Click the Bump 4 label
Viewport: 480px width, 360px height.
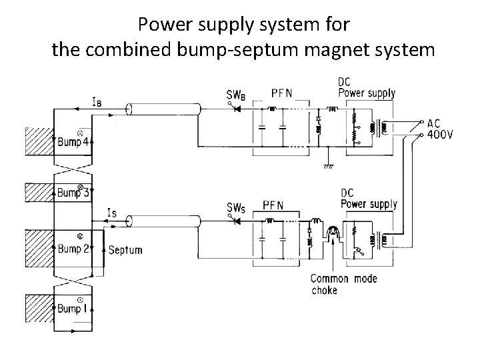click(x=72, y=141)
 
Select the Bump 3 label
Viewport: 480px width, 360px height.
click(x=72, y=193)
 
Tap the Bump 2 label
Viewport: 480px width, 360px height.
click(x=72, y=249)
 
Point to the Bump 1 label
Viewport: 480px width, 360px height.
click(x=72, y=308)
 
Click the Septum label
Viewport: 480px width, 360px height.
click(x=125, y=250)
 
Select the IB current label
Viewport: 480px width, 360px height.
click(x=97, y=102)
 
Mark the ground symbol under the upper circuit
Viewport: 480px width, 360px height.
click(x=327, y=167)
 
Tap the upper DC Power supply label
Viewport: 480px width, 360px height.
click(x=366, y=87)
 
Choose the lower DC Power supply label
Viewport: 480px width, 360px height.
click(x=368, y=198)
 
